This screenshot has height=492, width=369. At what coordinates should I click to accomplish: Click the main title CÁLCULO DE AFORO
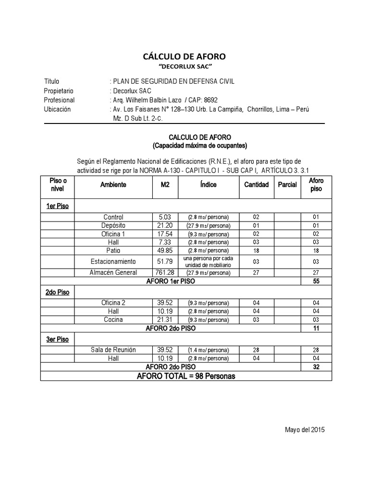(x=184, y=57)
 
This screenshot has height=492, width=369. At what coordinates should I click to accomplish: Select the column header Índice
(x=209, y=185)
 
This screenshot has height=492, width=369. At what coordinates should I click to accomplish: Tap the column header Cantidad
(x=256, y=185)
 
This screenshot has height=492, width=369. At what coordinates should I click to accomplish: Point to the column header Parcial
(x=287, y=185)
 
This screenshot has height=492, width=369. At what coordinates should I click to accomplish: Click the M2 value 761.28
(x=165, y=273)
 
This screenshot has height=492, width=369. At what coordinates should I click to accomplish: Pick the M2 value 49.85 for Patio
(x=165, y=251)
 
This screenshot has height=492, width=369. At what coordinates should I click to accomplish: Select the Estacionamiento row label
(x=113, y=262)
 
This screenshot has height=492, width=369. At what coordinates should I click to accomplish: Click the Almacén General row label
(x=113, y=273)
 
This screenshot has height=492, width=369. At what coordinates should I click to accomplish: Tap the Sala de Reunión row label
(x=113, y=350)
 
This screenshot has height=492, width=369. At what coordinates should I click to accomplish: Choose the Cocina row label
(x=113, y=320)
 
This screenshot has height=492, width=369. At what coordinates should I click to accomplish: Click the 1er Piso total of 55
(x=316, y=281)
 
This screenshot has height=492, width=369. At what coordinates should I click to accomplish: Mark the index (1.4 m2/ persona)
(x=209, y=350)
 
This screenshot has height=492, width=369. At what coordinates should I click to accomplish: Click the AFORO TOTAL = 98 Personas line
(x=186, y=376)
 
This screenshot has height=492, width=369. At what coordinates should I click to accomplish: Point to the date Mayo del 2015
(x=305, y=430)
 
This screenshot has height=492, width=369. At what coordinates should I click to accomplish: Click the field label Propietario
(x=59, y=91)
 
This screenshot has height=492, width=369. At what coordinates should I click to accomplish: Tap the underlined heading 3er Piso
(x=57, y=339)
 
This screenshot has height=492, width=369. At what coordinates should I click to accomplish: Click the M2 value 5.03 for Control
(x=165, y=217)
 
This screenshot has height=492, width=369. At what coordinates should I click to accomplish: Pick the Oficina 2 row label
(x=113, y=303)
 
